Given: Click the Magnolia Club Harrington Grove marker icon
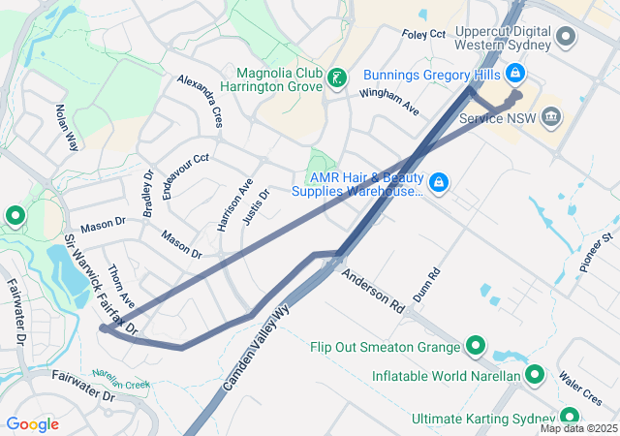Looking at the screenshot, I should point(336,78).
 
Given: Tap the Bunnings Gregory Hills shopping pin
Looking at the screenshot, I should point(514,73).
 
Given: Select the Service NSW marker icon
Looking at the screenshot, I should point(552,117).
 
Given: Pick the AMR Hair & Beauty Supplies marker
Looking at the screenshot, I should point(438,181).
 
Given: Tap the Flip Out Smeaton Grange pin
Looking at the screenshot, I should point(476,346).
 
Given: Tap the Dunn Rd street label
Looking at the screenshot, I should point(426,284).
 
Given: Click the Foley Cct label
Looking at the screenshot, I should point(423,34).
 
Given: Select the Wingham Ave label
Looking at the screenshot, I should point(388,99).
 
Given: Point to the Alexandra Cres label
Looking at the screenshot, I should point(201,101).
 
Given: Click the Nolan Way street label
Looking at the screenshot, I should point(66,127).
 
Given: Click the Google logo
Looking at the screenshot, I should point(32,424).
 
